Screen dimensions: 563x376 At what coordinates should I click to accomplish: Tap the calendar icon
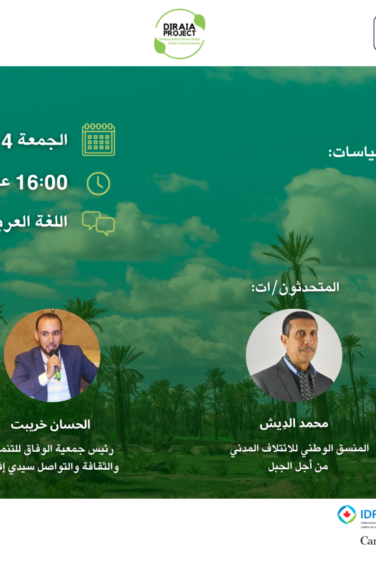click(x=98, y=140)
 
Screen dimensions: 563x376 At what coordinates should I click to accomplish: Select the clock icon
click(x=98, y=183)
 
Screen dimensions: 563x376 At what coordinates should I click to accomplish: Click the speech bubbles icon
click(x=98, y=223)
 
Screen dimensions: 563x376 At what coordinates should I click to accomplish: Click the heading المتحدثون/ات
click(x=295, y=287)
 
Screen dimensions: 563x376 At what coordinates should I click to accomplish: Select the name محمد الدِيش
click(x=294, y=424)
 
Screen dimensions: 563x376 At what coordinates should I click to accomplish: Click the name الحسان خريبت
click(x=50, y=425)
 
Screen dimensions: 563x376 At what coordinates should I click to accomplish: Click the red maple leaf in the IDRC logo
click(x=346, y=514)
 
